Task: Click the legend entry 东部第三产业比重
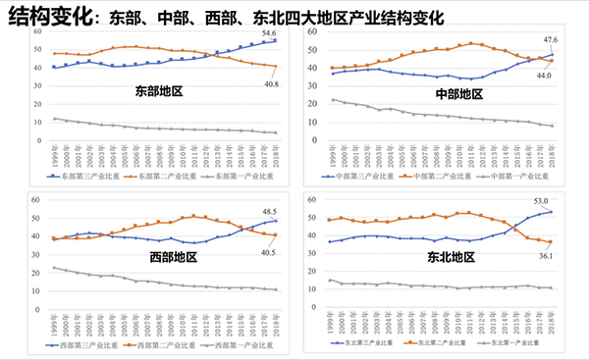point(81,177)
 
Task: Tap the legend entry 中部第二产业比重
point(437,177)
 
